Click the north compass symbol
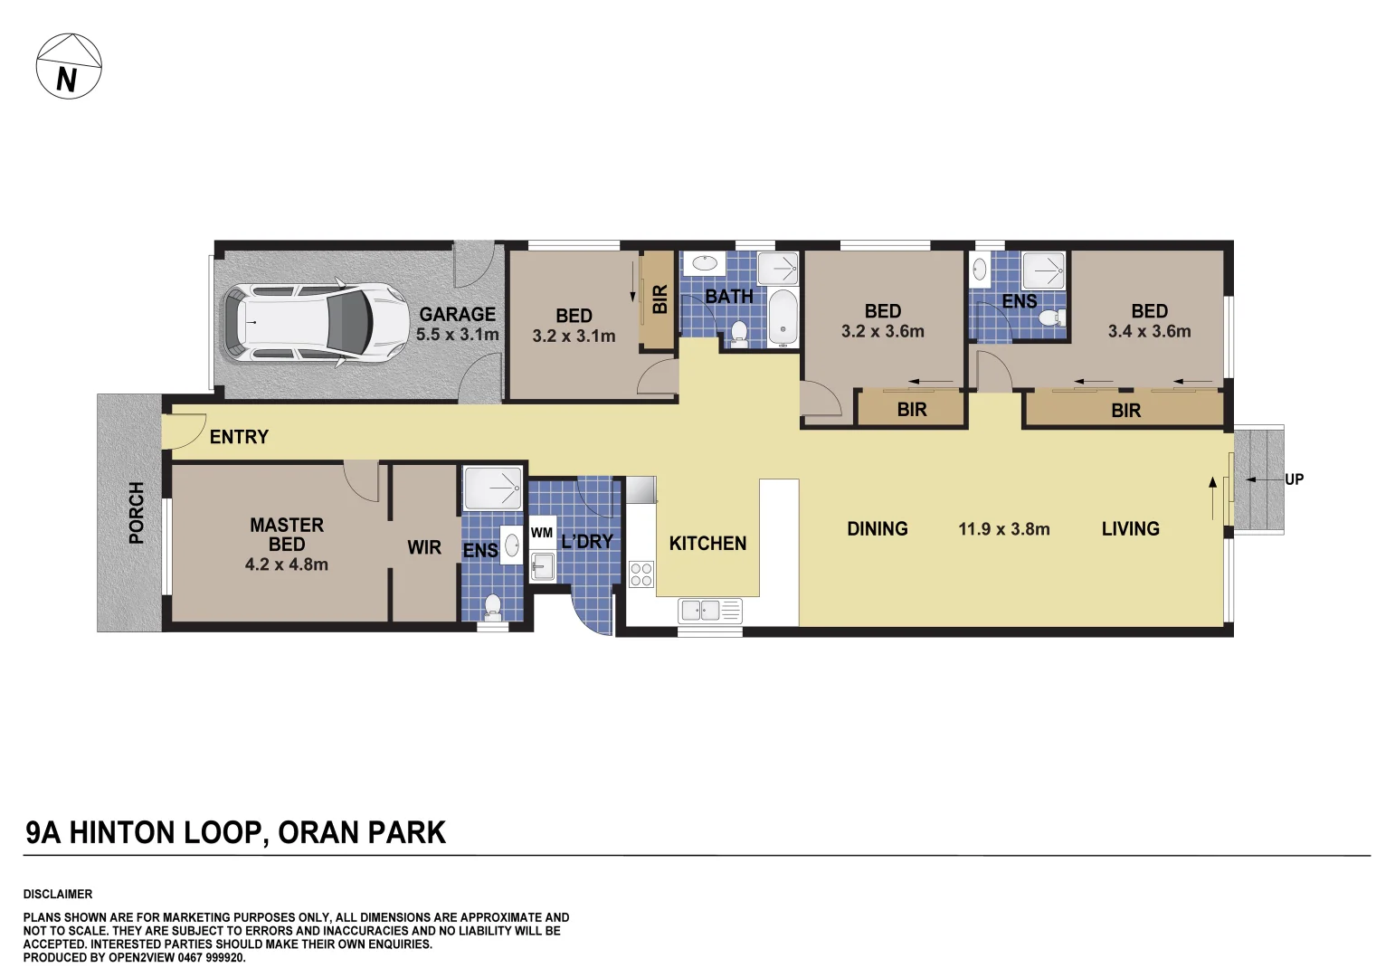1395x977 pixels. (x=69, y=66)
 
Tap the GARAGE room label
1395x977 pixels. (x=457, y=315)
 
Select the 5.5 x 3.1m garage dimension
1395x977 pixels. (x=457, y=335)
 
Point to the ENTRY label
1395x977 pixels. (x=239, y=438)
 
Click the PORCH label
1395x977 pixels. (x=137, y=513)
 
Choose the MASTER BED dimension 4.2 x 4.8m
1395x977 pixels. (x=286, y=564)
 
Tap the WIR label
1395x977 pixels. (x=423, y=548)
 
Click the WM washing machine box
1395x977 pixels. (x=542, y=533)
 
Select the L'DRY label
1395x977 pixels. (x=587, y=542)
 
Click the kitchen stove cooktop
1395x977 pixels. (x=641, y=574)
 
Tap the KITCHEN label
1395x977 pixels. (x=707, y=544)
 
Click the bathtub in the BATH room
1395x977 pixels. (x=783, y=318)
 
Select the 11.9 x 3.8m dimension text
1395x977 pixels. (x=1003, y=529)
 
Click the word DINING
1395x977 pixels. (x=877, y=529)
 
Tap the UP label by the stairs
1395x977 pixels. (x=1294, y=479)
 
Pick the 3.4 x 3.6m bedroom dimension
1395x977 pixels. (x=1149, y=332)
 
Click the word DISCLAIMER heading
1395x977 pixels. (x=58, y=894)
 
